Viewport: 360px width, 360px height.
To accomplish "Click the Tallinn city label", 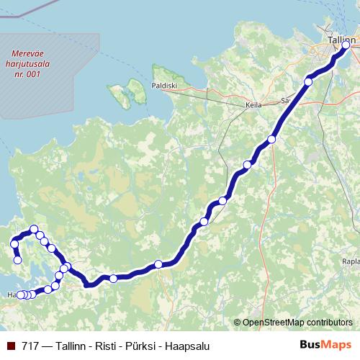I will (x=340, y=40).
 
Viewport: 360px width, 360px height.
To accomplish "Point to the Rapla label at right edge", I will (x=351, y=261).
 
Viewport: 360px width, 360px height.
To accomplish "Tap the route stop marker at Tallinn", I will (x=346, y=45).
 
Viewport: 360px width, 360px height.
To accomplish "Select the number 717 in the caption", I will (x=30, y=346).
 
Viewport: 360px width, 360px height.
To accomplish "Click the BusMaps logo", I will (x=323, y=346).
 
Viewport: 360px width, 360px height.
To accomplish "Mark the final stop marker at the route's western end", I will (x=18, y=260).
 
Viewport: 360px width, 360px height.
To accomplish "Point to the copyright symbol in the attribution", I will (x=238, y=322).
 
